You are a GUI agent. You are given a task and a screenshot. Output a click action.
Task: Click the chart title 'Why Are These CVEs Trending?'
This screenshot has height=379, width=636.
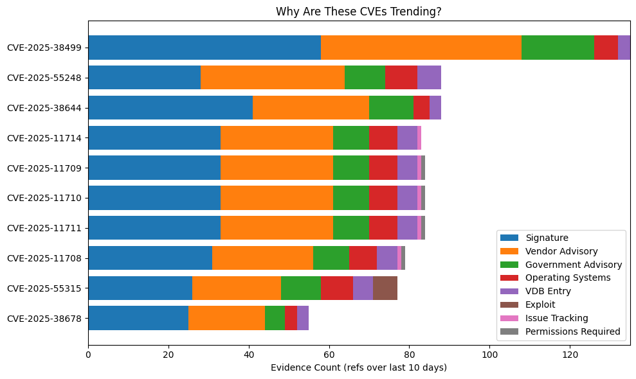(x=359, y=12)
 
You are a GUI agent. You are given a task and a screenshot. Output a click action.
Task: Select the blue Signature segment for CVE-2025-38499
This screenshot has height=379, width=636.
(x=204, y=48)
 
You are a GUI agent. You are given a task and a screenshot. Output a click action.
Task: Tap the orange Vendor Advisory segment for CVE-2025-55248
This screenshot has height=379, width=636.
(x=273, y=77)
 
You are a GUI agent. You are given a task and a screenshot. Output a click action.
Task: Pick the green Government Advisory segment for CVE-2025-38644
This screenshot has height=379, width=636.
(x=391, y=107)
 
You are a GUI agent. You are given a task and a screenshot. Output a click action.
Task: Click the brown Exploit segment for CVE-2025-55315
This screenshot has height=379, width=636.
(x=385, y=288)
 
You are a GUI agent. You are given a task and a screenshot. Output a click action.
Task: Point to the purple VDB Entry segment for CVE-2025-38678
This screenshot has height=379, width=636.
(x=302, y=318)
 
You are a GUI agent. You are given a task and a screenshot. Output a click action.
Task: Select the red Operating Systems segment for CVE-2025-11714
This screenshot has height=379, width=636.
(x=383, y=137)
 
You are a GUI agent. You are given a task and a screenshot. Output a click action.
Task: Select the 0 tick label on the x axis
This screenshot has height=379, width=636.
(x=88, y=354)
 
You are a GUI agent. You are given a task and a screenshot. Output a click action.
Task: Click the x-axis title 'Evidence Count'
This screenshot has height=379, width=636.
(x=359, y=367)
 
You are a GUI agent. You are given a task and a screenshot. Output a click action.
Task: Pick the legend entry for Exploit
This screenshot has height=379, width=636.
(x=540, y=304)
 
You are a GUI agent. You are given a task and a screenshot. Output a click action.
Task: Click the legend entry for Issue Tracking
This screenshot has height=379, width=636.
(x=556, y=318)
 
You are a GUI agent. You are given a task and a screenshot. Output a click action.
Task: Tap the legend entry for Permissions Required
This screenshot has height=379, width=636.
(x=572, y=331)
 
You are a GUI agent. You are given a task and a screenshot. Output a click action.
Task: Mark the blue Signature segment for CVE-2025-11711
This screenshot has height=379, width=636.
(x=154, y=228)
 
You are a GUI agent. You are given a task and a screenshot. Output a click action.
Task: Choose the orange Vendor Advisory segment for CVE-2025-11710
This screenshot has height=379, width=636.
(x=277, y=198)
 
